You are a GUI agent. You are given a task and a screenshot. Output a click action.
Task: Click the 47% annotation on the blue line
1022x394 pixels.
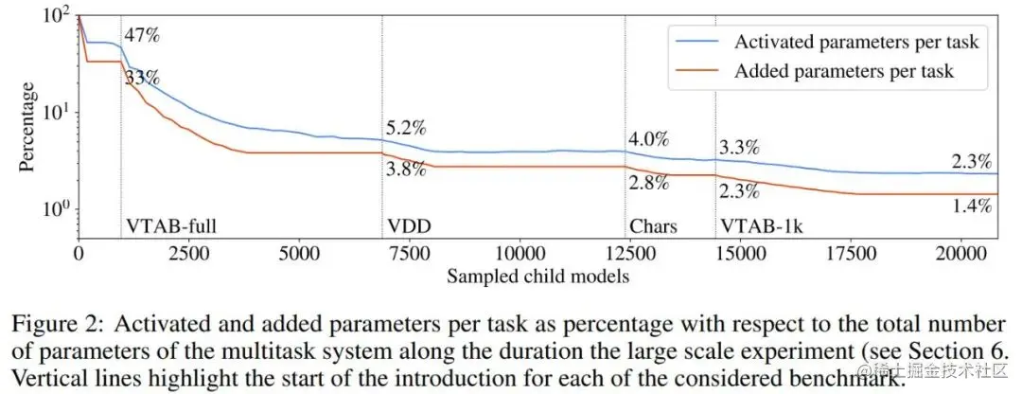coord(142,37)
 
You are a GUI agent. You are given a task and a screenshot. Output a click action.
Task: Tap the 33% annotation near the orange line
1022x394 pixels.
coord(142,79)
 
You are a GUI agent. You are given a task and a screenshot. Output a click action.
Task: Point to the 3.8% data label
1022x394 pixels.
coord(404,170)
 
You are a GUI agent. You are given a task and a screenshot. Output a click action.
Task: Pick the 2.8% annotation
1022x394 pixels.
coord(648,183)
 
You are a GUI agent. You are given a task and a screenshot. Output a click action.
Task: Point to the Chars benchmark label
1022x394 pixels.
coord(653,227)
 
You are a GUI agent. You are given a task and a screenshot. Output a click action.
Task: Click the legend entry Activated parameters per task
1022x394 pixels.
coord(856,42)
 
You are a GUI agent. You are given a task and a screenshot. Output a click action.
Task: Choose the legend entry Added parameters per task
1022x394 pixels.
coord(844,70)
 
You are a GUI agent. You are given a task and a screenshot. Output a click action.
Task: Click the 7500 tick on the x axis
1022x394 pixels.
coord(406,255)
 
